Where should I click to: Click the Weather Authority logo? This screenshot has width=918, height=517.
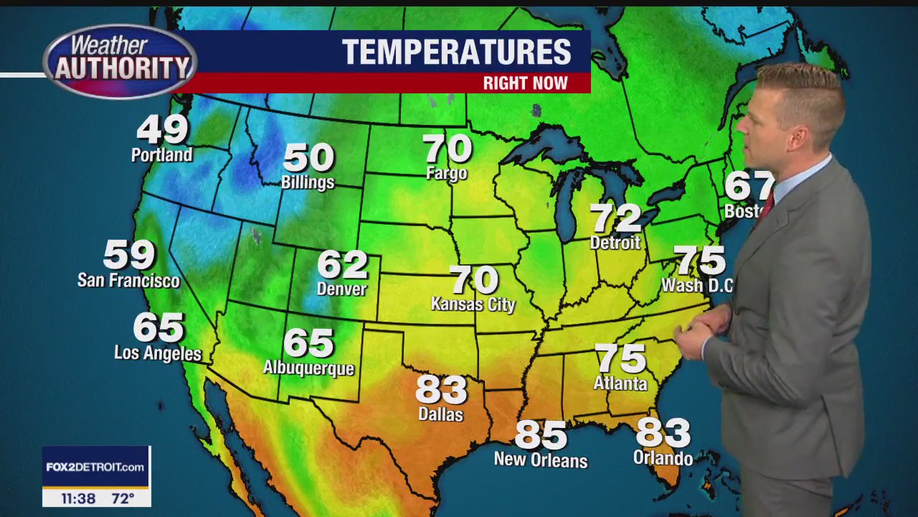click(x=120, y=61)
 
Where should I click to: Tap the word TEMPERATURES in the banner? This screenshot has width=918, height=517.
click(x=456, y=52)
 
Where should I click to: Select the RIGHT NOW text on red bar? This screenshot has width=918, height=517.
click(x=525, y=83)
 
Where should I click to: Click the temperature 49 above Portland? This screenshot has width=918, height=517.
click(x=163, y=129)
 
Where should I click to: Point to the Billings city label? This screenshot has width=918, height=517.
click(x=308, y=182)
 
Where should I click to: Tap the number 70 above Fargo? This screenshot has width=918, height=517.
click(x=448, y=149)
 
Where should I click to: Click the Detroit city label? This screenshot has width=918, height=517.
click(x=615, y=243)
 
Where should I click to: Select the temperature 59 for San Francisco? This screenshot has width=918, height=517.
click(x=130, y=254)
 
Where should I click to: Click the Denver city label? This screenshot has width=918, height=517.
click(x=342, y=289)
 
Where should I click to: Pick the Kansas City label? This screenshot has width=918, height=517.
click(x=473, y=304)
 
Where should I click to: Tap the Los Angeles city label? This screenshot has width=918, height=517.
click(x=158, y=353)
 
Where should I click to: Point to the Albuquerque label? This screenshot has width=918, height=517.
click(x=309, y=368)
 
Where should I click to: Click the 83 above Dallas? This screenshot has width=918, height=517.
click(x=442, y=390)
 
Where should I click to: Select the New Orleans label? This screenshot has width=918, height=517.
click(x=541, y=460)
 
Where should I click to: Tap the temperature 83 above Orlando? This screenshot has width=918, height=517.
click(x=663, y=433)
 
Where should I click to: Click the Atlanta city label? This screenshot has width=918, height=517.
click(x=620, y=384)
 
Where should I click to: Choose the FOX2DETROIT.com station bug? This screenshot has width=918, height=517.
click(x=96, y=467)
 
